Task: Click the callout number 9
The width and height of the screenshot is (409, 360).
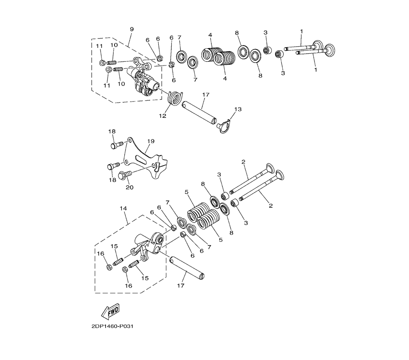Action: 132,29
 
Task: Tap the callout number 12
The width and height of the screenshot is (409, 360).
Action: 162,115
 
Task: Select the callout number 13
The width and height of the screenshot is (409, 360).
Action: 238,109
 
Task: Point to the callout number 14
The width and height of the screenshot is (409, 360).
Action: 124,208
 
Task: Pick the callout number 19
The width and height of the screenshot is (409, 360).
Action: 151,141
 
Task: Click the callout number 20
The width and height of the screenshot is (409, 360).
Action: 130,187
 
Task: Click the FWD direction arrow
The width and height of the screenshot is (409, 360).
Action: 110,311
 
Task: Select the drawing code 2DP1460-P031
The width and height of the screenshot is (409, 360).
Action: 112,326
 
